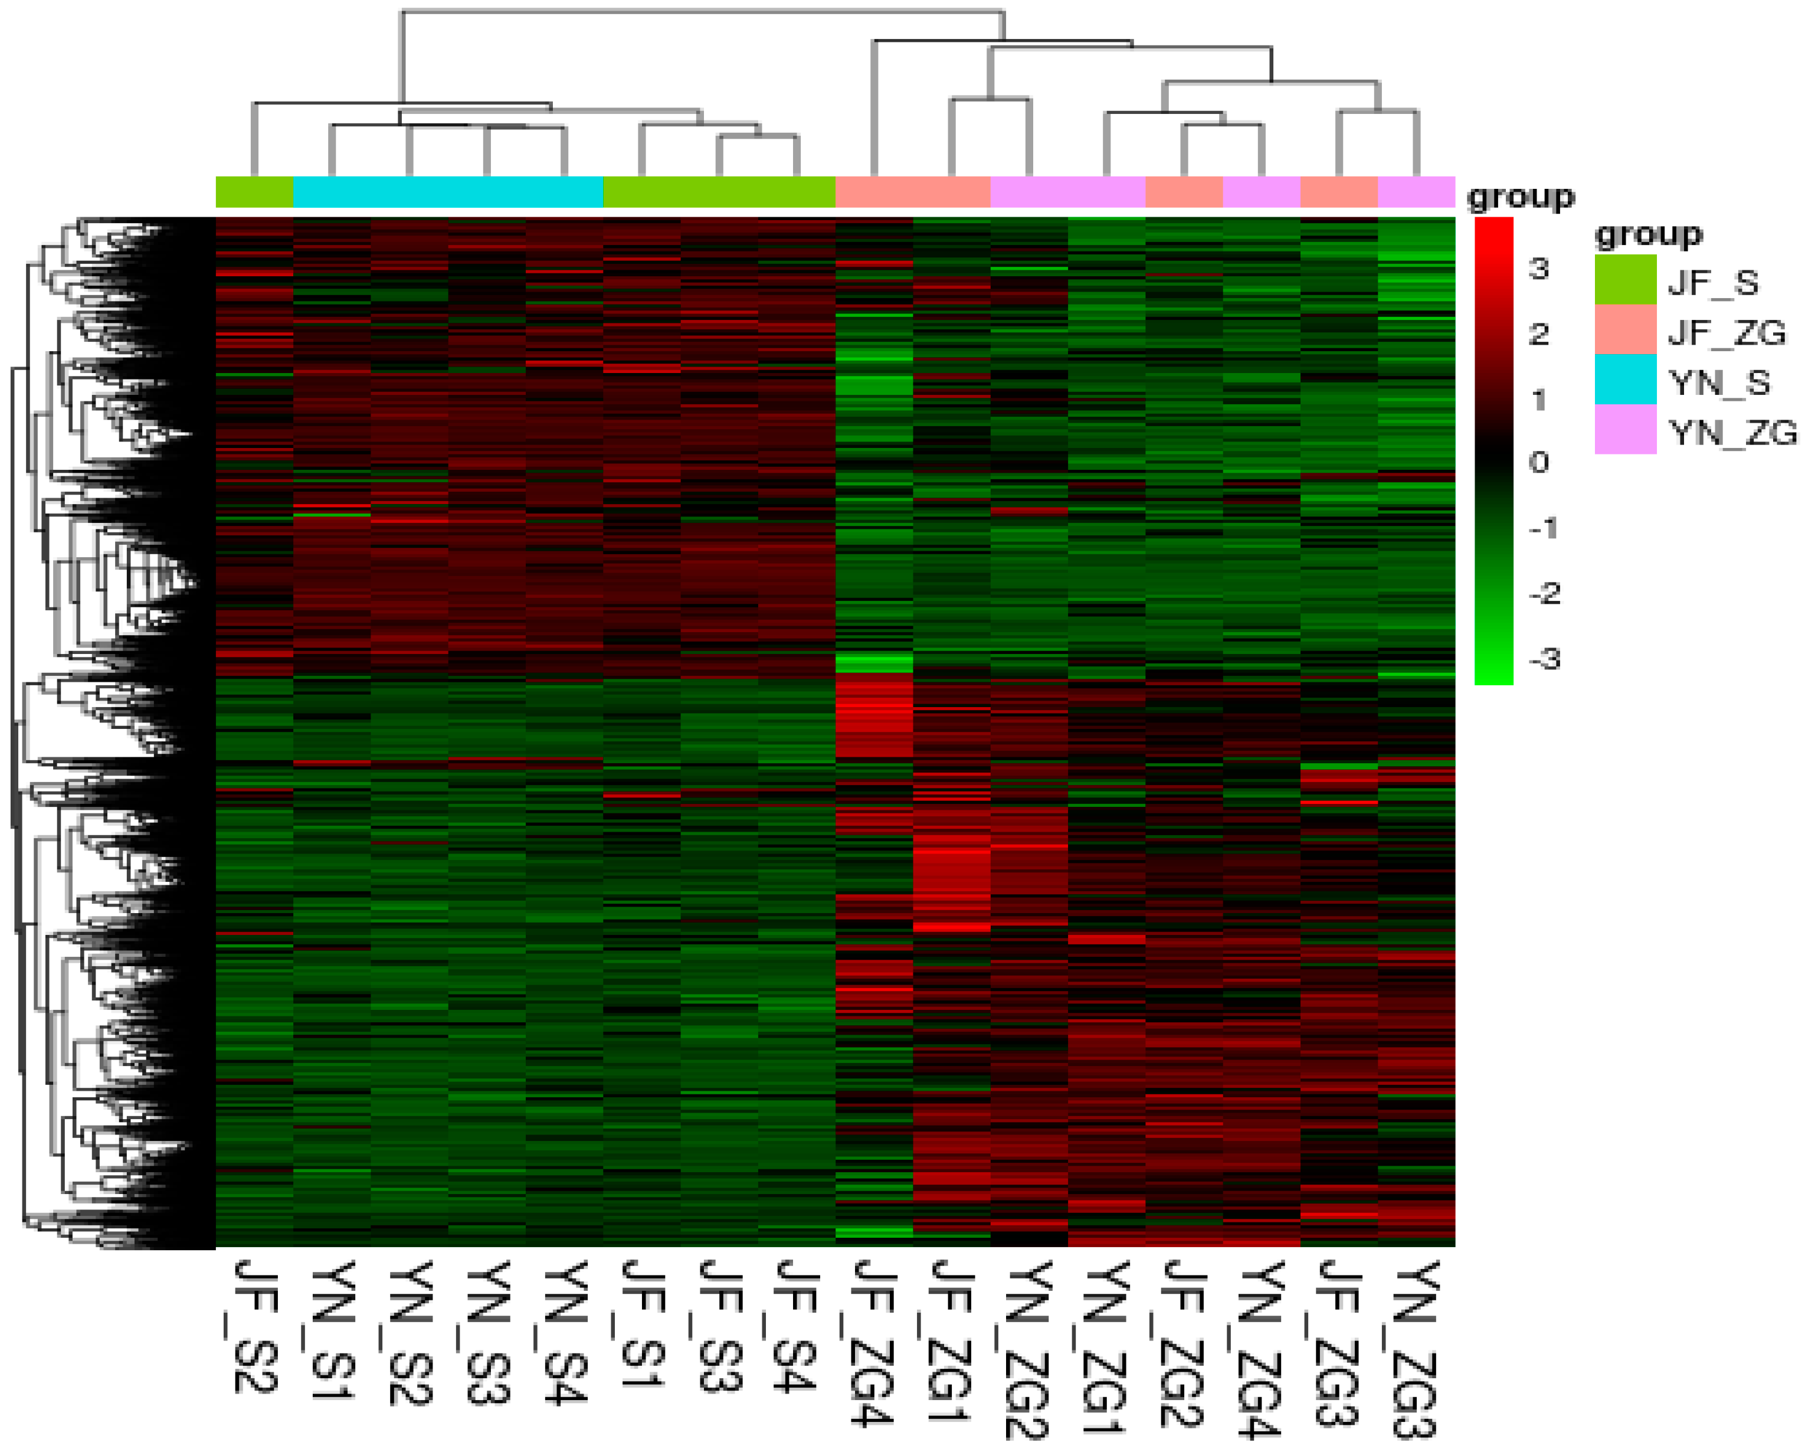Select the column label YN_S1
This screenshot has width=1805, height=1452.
click(332, 1330)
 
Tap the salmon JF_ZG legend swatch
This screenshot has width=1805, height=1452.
click(1625, 329)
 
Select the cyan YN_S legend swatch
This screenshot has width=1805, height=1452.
click(1625, 380)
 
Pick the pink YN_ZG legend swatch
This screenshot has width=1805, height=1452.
click(1625, 430)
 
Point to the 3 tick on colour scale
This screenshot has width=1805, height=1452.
click(1539, 269)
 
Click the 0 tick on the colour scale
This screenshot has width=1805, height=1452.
click(1539, 462)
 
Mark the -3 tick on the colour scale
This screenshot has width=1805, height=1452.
click(1543, 659)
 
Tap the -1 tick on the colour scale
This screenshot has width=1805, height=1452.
click(1543, 528)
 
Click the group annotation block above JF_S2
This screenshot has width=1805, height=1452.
click(254, 192)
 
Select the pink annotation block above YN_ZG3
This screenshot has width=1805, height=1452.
click(1416, 192)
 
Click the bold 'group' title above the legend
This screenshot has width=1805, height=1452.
click(1647, 234)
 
